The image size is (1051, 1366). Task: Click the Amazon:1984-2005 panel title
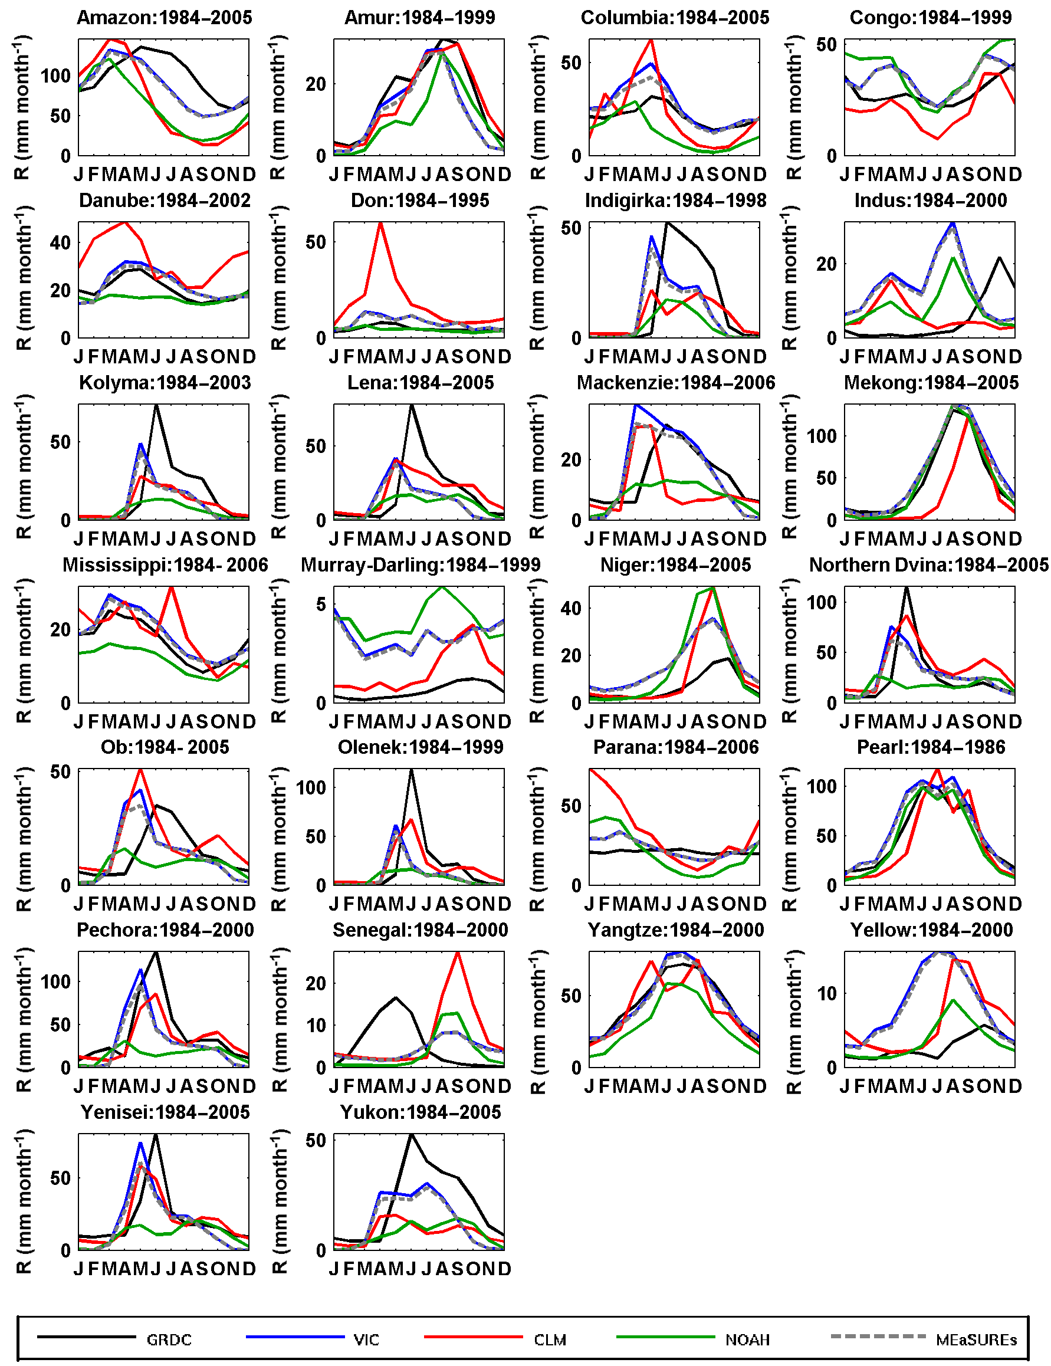click(x=164, y=18)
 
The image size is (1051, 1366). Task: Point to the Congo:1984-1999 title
click(x=930, y=18)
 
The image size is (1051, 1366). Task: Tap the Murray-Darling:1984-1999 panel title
click(x=421, y=565)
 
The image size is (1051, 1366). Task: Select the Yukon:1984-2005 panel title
click(x=421, y=1112)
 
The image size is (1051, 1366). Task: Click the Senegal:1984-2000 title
click(x=421, y=930)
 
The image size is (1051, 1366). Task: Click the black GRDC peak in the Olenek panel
click(x=411, y=770)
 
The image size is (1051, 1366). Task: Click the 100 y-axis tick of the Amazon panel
click(x=55, y=76)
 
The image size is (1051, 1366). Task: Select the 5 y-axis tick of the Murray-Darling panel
click(x=321, y=605)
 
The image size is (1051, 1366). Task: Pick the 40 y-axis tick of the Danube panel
click(x=60, y=242)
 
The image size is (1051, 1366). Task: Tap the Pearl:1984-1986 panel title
click(x=930, y=747)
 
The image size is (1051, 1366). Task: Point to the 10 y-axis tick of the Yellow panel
click(x=826, y=994)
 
